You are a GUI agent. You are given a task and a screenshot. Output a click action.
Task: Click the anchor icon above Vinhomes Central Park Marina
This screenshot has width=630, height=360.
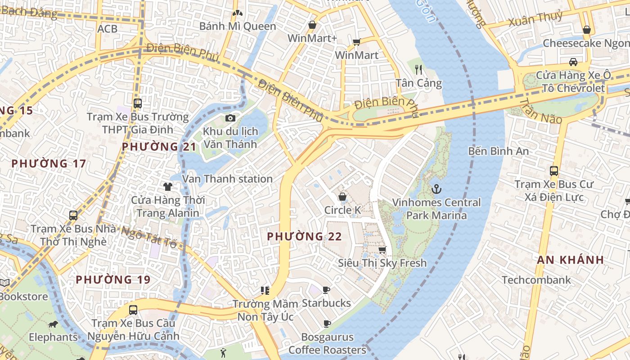click(436, 189)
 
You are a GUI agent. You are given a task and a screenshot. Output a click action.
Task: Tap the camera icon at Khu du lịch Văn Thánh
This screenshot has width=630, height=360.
click(230, 118)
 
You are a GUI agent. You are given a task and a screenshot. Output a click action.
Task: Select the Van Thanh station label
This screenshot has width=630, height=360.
click(227, 179)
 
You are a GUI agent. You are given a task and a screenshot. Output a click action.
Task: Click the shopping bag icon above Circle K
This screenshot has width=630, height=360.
click(342, 197)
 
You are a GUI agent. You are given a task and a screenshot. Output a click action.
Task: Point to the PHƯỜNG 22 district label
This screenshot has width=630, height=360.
click(304, 236)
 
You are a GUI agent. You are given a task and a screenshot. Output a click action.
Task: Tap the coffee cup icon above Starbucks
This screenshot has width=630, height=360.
click(326, 290)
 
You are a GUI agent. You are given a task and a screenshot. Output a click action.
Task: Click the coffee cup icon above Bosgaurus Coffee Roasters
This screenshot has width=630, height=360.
click(327, 324)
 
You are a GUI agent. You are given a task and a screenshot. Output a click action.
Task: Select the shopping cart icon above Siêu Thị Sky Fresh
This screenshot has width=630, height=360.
click(382, 250)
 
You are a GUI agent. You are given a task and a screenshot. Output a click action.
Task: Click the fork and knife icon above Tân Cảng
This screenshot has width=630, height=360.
click(418, 69)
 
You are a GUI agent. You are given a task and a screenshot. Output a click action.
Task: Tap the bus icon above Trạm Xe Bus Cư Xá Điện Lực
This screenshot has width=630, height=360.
click(554, 171)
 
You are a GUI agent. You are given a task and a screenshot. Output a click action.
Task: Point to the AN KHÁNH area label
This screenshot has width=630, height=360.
click(570, 260)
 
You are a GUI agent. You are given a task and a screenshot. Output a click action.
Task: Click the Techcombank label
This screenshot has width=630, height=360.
click(536, 280)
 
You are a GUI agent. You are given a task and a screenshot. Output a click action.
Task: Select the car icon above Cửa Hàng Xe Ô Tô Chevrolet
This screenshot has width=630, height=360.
click(573, 62)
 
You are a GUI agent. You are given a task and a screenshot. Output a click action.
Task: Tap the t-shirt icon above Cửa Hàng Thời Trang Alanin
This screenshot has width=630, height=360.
click(168, 186)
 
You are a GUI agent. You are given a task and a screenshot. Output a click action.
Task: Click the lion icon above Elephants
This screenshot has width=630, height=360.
click(53, 324)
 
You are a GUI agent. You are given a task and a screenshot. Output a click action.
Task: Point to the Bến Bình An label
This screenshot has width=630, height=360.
click(498, 151)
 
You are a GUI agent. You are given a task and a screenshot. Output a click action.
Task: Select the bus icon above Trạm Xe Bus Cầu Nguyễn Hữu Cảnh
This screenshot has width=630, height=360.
click(133, 310)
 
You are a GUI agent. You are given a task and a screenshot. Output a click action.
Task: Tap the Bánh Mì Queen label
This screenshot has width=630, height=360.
click(238, 26)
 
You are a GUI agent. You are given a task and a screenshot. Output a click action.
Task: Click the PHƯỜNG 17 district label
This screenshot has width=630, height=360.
click(49, 163)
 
